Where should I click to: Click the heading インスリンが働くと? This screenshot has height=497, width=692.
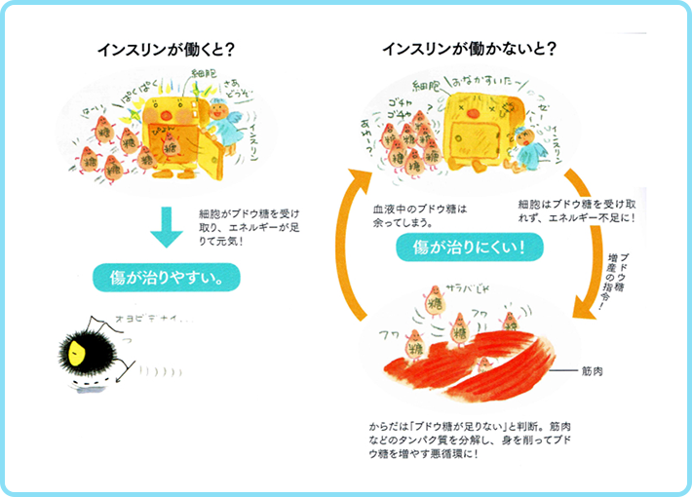169,49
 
